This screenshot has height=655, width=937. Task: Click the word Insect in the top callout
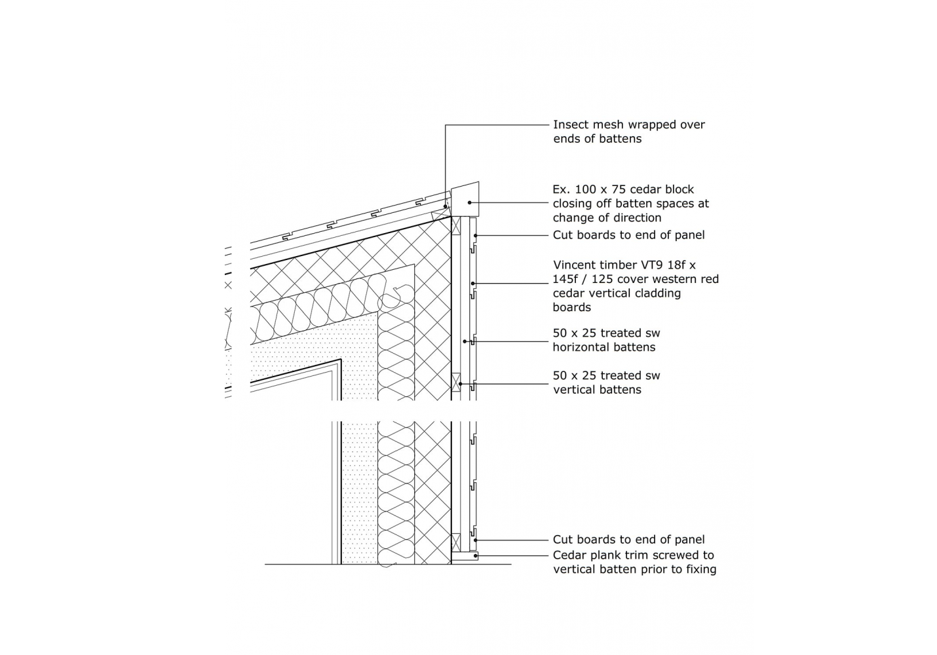571,124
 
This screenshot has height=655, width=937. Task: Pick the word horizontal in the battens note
579,347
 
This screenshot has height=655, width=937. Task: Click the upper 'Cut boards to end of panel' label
628,234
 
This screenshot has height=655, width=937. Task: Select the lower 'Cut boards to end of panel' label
628,539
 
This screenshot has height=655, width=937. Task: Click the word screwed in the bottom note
660,555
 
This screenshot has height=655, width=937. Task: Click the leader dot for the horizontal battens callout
464,341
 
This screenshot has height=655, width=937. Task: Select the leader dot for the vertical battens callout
460,383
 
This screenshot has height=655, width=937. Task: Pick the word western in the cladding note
669,279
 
